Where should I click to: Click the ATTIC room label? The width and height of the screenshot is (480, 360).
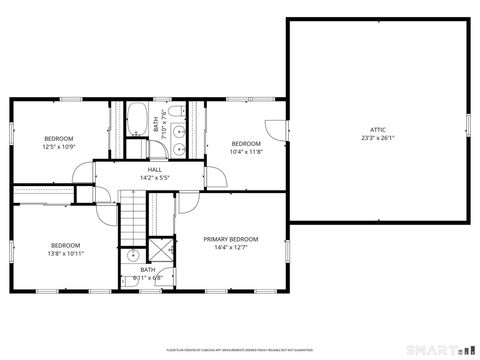point(378,130)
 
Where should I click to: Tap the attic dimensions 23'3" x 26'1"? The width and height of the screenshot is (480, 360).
point(378,138)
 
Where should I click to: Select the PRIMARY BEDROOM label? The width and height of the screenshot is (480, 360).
point(231,239)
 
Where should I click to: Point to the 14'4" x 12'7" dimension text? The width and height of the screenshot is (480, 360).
point(231,247)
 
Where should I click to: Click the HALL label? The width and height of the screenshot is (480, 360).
point(155,170)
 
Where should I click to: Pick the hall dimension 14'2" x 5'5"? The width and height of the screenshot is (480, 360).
point(155,178)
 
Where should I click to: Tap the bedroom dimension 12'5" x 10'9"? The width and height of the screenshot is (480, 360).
point(59,146)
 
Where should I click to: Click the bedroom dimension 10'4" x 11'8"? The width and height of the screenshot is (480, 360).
point(245,152)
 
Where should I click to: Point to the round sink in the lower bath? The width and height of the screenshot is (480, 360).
point(132,255)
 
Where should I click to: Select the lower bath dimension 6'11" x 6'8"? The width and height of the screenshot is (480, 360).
point(147,277)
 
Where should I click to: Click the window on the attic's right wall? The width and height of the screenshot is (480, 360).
point(467,127)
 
